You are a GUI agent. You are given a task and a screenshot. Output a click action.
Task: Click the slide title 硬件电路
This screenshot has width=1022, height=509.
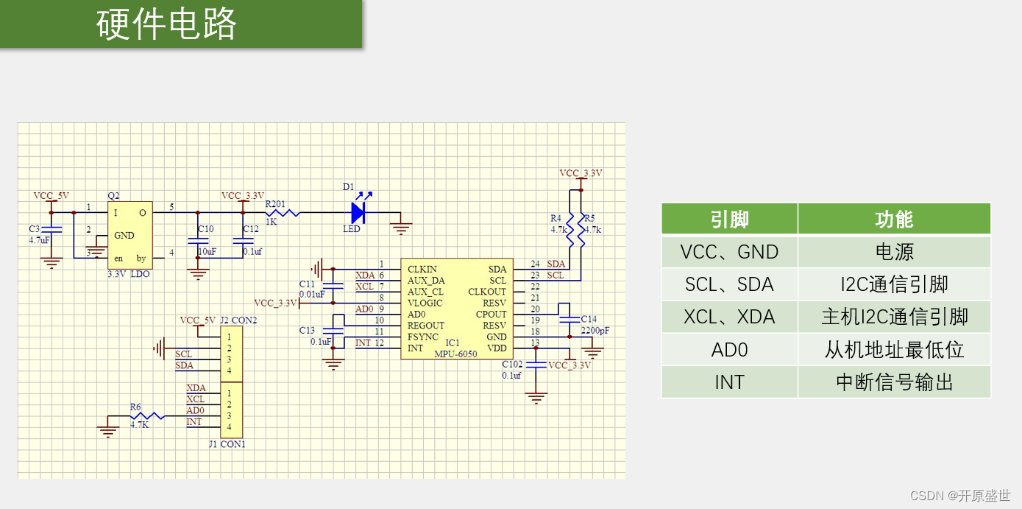pyautogui.click(x=166, y=24)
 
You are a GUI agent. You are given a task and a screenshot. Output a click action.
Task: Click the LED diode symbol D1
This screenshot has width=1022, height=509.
pyautogui.click(x=358, y=214)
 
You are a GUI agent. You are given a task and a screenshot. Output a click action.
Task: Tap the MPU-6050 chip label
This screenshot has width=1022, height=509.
pyautogui.click(x=455, y=354)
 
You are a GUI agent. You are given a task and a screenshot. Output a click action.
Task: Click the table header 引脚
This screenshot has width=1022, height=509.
pyautogui.click(x=729, y=220)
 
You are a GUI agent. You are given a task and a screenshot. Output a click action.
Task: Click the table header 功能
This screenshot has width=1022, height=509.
pyautogui.click(x=894, y=220)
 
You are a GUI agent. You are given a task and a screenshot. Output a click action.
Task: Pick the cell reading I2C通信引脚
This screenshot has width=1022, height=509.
pyautogui.click(x=894, y=284)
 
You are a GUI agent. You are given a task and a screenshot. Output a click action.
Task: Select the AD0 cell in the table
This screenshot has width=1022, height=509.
pyautogui.click(x=729, y=350)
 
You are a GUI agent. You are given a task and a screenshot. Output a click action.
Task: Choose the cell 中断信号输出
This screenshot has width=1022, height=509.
pyautogui.click(x=894, y=382)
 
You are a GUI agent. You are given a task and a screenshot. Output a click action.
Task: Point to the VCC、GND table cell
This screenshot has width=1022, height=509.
pyautogui.click(x=729, y=252)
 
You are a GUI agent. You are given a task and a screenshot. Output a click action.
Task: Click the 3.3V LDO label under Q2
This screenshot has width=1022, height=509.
pyautogui.click(x=129, y=273)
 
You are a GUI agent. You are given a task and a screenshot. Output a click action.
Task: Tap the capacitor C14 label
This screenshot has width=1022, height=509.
pyautogui.click(x=589, y=320)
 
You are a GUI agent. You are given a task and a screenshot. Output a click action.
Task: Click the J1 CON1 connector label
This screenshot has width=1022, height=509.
pyautogui.click(x=227, y=444)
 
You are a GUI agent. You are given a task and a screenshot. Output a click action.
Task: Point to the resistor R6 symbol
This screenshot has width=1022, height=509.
pyautogui.click(x=147, y=416)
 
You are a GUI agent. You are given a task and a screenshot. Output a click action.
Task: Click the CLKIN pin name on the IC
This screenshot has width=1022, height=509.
pyautogui.click(x=422, y=270)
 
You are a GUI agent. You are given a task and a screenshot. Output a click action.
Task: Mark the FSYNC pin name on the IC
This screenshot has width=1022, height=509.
pyautogui.click(x=423, y=337)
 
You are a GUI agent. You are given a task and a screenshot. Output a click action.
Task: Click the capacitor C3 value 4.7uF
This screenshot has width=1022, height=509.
pyautogui.click(x=39, y=240)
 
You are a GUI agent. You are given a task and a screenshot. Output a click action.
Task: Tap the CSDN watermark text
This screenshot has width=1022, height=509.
pyautogui.click(x=960, y=496)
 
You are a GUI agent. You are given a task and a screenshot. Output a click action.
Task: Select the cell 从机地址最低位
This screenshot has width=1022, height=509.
pyautogui.click(x=894, y=350)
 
